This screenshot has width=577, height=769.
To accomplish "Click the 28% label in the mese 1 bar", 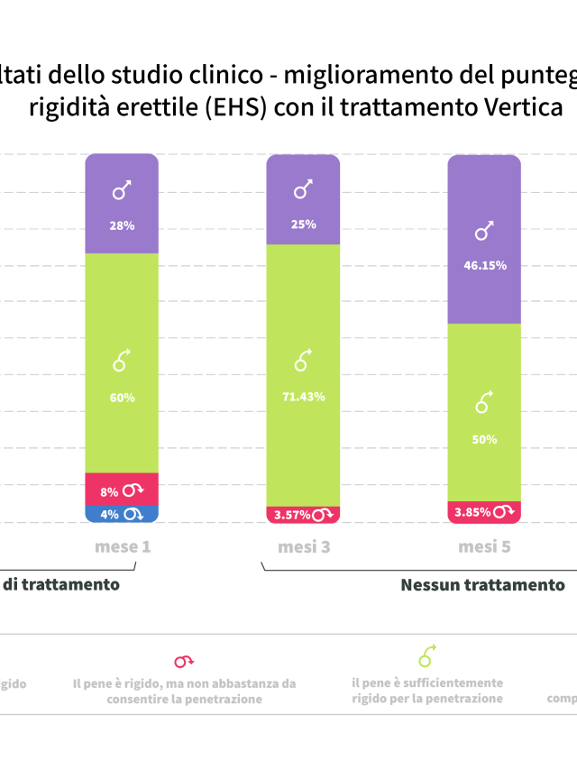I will pos(123,225).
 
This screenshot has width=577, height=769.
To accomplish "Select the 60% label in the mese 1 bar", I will pos(123,398).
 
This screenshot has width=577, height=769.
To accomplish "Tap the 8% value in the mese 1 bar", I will pos(110,492).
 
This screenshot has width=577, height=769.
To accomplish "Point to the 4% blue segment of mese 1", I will pos(122,515).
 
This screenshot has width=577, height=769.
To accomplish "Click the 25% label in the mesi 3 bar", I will pos(304,224).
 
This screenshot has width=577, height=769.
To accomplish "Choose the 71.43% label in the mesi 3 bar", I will pos(304,397).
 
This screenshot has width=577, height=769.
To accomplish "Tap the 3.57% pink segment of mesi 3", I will pos(303,515).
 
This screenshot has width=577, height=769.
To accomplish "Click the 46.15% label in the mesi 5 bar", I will pos(485,266).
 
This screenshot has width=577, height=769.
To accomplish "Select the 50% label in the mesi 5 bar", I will pos(485,439).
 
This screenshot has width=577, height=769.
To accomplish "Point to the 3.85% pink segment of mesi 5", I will pos(484,512).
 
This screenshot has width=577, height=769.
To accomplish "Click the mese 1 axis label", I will pos(123,547).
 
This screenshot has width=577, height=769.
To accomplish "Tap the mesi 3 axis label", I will pos(304,547).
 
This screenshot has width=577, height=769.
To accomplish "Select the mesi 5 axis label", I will pos(485,547).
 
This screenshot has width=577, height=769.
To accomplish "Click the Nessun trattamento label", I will pos(482,585).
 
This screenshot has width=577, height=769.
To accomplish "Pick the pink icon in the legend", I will pos(184,661).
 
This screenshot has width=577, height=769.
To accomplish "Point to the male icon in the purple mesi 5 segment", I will pos(485,232).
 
